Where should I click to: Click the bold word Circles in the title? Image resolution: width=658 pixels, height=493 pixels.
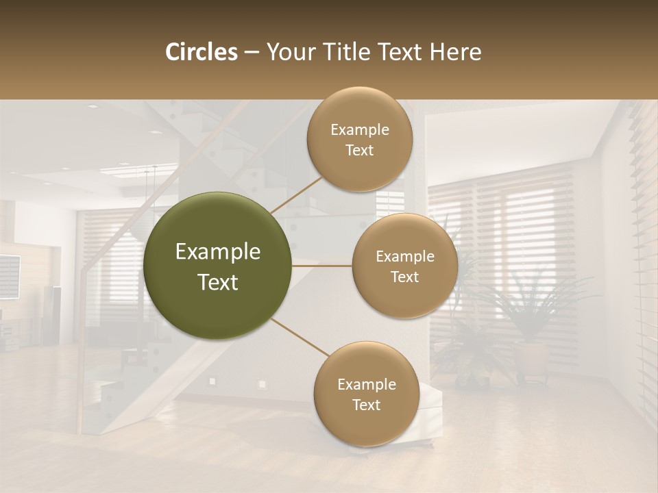(x=202, y=52)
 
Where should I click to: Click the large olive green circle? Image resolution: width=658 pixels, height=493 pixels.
(x=217, y=266)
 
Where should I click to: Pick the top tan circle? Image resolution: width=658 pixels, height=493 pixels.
(x=360, y=139)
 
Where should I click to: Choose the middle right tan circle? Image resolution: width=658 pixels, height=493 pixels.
(x=405, y=266)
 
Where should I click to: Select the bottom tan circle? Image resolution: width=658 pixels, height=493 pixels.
(x=366, y=394)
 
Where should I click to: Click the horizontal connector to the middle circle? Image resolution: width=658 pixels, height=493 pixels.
(x=321, y=266)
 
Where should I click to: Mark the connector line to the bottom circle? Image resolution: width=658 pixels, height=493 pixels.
(x=300, y=338)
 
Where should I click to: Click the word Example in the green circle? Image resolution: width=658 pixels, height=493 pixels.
(x=218, y=252)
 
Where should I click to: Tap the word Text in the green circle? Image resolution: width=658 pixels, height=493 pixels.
(x=218, y=282)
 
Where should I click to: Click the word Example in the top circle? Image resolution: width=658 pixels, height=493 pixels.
(x=360, y=129)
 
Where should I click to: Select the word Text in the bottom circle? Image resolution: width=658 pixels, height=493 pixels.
(x=366, y=405)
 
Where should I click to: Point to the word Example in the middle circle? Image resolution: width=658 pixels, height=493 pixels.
(x=405, y=256)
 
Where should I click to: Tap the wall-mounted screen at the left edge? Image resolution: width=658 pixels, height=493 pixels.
(x=8, y=276)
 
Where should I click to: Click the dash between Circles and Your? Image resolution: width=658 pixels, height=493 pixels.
(x=252, y=53)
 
